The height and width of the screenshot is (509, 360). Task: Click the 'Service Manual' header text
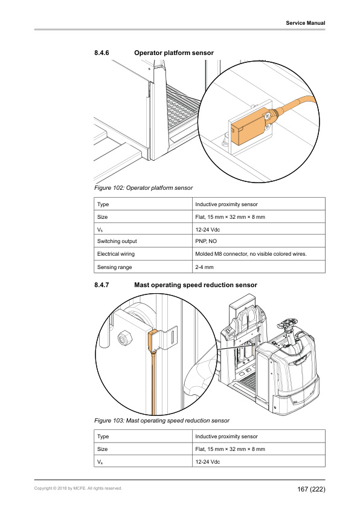point(305,23)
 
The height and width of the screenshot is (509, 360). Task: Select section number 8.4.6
point(101,53)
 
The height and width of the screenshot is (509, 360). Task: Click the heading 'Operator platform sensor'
point(173,53)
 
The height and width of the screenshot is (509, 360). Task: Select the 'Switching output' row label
point(117,241)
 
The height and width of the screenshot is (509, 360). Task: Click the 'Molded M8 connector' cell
point(251,254)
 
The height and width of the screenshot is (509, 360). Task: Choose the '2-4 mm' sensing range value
point(202,267)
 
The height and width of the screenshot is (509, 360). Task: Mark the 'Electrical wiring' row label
point(116,254)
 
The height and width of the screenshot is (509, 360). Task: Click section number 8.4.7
point(101,285)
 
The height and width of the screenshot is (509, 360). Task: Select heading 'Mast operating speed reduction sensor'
point(196,285)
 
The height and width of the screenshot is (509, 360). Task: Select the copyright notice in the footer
point(79,488)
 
